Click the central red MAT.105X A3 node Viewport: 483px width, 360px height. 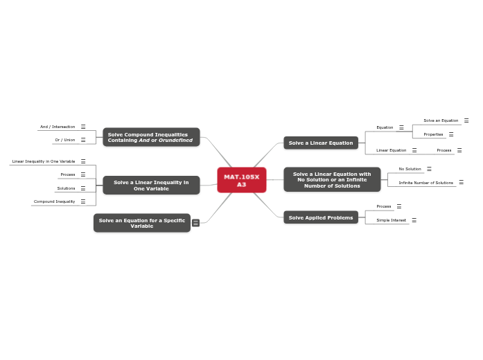[241, 181]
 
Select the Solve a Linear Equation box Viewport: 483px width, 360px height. [320, 143]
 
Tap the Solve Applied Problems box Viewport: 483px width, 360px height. [320, 217]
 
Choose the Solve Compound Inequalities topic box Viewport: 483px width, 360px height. [151, 137]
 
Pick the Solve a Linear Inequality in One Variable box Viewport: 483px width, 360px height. [151, 185]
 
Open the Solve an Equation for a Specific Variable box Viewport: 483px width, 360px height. [141, 223]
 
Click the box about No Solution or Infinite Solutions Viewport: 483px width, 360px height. [332, 179]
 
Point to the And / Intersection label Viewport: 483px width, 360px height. [58, 127]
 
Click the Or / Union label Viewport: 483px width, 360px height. [65, 140]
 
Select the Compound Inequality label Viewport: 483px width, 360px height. [54, 201]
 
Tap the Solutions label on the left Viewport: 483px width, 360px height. [66, 188]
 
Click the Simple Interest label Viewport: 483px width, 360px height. [391, 220]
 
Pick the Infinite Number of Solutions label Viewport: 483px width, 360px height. [425, 182]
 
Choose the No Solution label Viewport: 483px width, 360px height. [410, 169]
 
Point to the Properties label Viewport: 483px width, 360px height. [433, 134]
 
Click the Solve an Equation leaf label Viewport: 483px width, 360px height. [441, 120]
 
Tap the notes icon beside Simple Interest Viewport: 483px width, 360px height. [414, 220]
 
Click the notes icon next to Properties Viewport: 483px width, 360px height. [451, 134]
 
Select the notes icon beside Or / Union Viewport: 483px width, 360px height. [83, 140]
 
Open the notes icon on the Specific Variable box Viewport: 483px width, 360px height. [195, 223]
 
